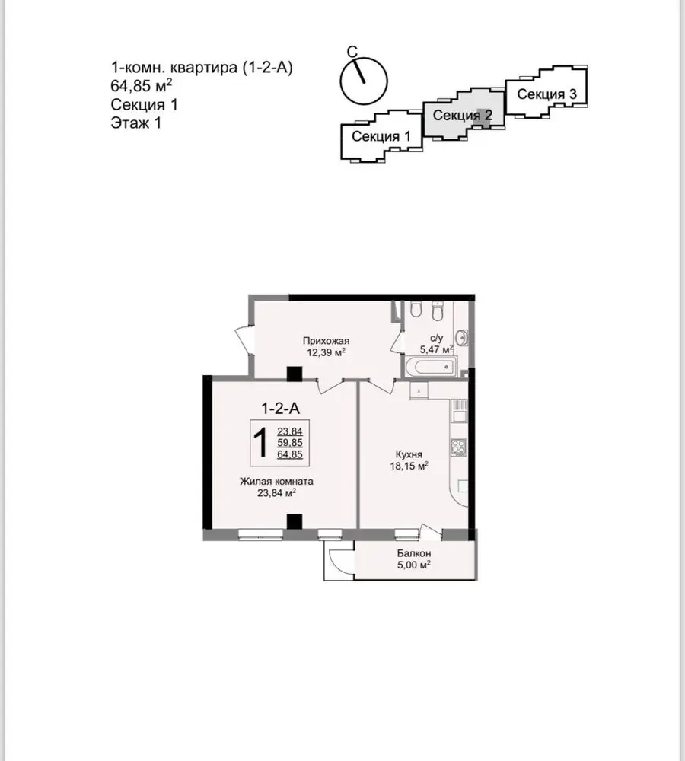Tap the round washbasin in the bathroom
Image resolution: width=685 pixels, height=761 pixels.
(462, 337)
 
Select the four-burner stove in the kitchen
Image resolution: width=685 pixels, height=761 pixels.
(459, 447)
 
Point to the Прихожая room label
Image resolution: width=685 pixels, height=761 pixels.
(326, 341)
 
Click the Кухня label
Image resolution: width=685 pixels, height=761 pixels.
(409, 455)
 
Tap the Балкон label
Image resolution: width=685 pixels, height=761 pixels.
(413, 553)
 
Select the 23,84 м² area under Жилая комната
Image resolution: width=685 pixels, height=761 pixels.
(277, 493)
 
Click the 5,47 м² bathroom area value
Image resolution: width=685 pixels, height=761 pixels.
(436, 349)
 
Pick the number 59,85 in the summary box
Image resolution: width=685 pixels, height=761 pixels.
(290, 443)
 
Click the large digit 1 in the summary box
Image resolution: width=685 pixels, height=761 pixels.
(261, 443)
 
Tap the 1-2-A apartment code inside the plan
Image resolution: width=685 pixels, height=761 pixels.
(281, 409)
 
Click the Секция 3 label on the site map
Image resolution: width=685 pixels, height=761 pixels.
(546, 94)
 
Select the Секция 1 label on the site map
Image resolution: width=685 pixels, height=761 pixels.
(381, 136)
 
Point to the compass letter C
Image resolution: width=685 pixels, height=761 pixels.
(352, 52)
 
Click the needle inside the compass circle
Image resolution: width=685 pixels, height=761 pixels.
(358, 71)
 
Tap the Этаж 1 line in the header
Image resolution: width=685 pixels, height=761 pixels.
(136, 123)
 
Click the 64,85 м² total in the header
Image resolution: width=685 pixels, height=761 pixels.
(142, 85)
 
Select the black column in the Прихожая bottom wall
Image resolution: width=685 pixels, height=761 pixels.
(295, 374)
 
